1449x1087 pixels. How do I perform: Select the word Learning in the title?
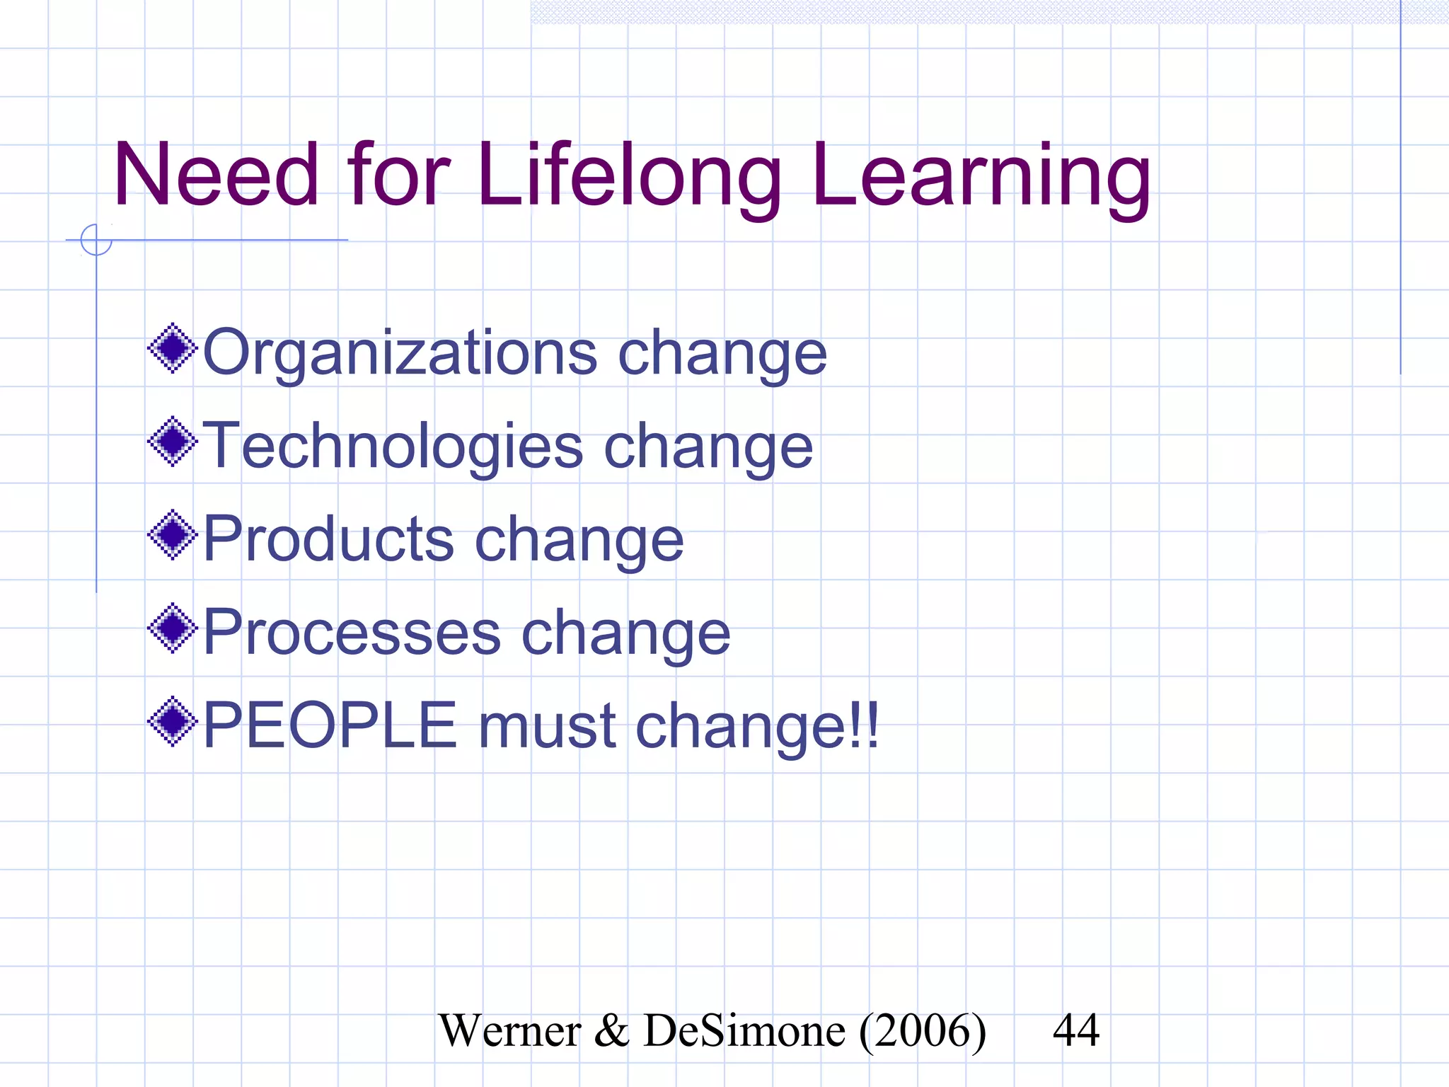click(981, 176)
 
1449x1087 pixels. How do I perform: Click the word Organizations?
click(400, 353)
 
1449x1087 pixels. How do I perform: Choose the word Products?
click(328, 539)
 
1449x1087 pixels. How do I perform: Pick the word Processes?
click(352, 633)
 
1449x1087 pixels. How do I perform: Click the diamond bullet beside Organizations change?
click(172, 348)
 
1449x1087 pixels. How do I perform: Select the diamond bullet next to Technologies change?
click(172, 442)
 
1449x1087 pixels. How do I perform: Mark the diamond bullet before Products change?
click(172, 535)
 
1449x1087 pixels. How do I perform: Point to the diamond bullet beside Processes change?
click(172, 628)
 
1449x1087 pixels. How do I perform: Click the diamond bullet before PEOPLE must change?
click(172, 722)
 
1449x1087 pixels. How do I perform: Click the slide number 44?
click(1075, 1030)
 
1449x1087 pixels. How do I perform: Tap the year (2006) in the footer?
click(922, 1031)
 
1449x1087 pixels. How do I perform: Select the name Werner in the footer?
click(509, 1030)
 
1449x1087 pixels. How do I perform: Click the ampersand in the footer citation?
click(611, 1030)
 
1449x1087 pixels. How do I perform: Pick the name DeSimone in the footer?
click(744, 1030)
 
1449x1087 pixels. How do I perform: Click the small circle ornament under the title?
click(96, 240)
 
